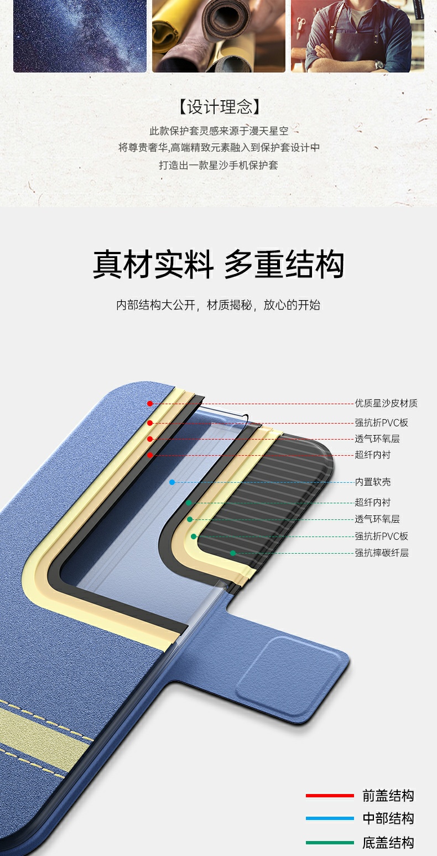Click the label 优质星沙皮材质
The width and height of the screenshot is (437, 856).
(x=386, y=404)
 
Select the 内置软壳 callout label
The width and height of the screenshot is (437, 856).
(x=373, y=482)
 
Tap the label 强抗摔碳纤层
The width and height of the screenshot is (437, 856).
(x=382, y=553)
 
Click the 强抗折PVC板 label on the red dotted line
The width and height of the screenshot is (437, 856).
(x=382, y=423)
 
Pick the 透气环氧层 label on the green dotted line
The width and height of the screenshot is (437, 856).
(x=377, y=519)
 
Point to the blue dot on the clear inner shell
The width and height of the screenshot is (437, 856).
(x=172, y=482)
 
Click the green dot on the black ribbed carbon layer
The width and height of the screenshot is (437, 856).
(x=233, y=553)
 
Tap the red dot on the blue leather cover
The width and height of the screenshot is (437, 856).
(x=150, y=404)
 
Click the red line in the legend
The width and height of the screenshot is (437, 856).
(x=330, y=796)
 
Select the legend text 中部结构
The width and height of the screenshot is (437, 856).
(x=388, y=818)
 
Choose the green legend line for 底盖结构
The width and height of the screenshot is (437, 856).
(x=330, y=843)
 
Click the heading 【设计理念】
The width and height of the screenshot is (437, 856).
(x=219, y=107)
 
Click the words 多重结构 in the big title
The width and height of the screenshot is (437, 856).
(x=284, y=265)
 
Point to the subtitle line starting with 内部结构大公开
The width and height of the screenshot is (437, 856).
(x=218, y=305)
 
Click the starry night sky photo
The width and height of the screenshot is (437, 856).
(x=80, y=36)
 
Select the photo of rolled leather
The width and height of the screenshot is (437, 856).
(x=218, y=36)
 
